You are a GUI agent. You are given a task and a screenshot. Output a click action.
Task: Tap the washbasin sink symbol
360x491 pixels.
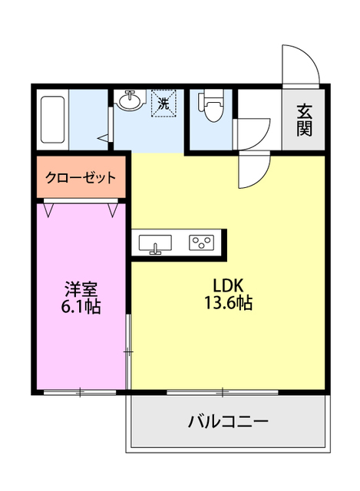click(x=130, y=101)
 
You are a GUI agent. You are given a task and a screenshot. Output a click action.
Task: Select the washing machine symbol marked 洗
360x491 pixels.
click(x=163, y=103)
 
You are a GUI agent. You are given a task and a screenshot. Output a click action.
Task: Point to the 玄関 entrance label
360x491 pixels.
click(x=305, y=120)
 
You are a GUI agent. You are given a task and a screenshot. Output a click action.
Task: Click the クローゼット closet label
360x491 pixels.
click(x=81, y=178)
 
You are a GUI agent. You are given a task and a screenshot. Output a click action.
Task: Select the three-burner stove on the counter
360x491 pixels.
click(x=202, y=243)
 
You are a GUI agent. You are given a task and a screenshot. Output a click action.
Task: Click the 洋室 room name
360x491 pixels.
click(x=81, y=289)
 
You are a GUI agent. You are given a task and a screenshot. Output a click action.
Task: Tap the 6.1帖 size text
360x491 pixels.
click(x=81, y=307)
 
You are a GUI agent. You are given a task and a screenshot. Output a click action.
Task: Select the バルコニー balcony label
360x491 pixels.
click(x=228, y=421)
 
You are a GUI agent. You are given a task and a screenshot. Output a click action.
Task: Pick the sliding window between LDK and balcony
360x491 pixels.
click(x=223, y=392)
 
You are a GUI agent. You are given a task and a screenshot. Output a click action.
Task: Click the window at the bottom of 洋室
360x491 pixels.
click(x=80, y=392)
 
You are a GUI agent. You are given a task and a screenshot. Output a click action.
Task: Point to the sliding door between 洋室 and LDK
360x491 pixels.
click(x=128, y=349)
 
